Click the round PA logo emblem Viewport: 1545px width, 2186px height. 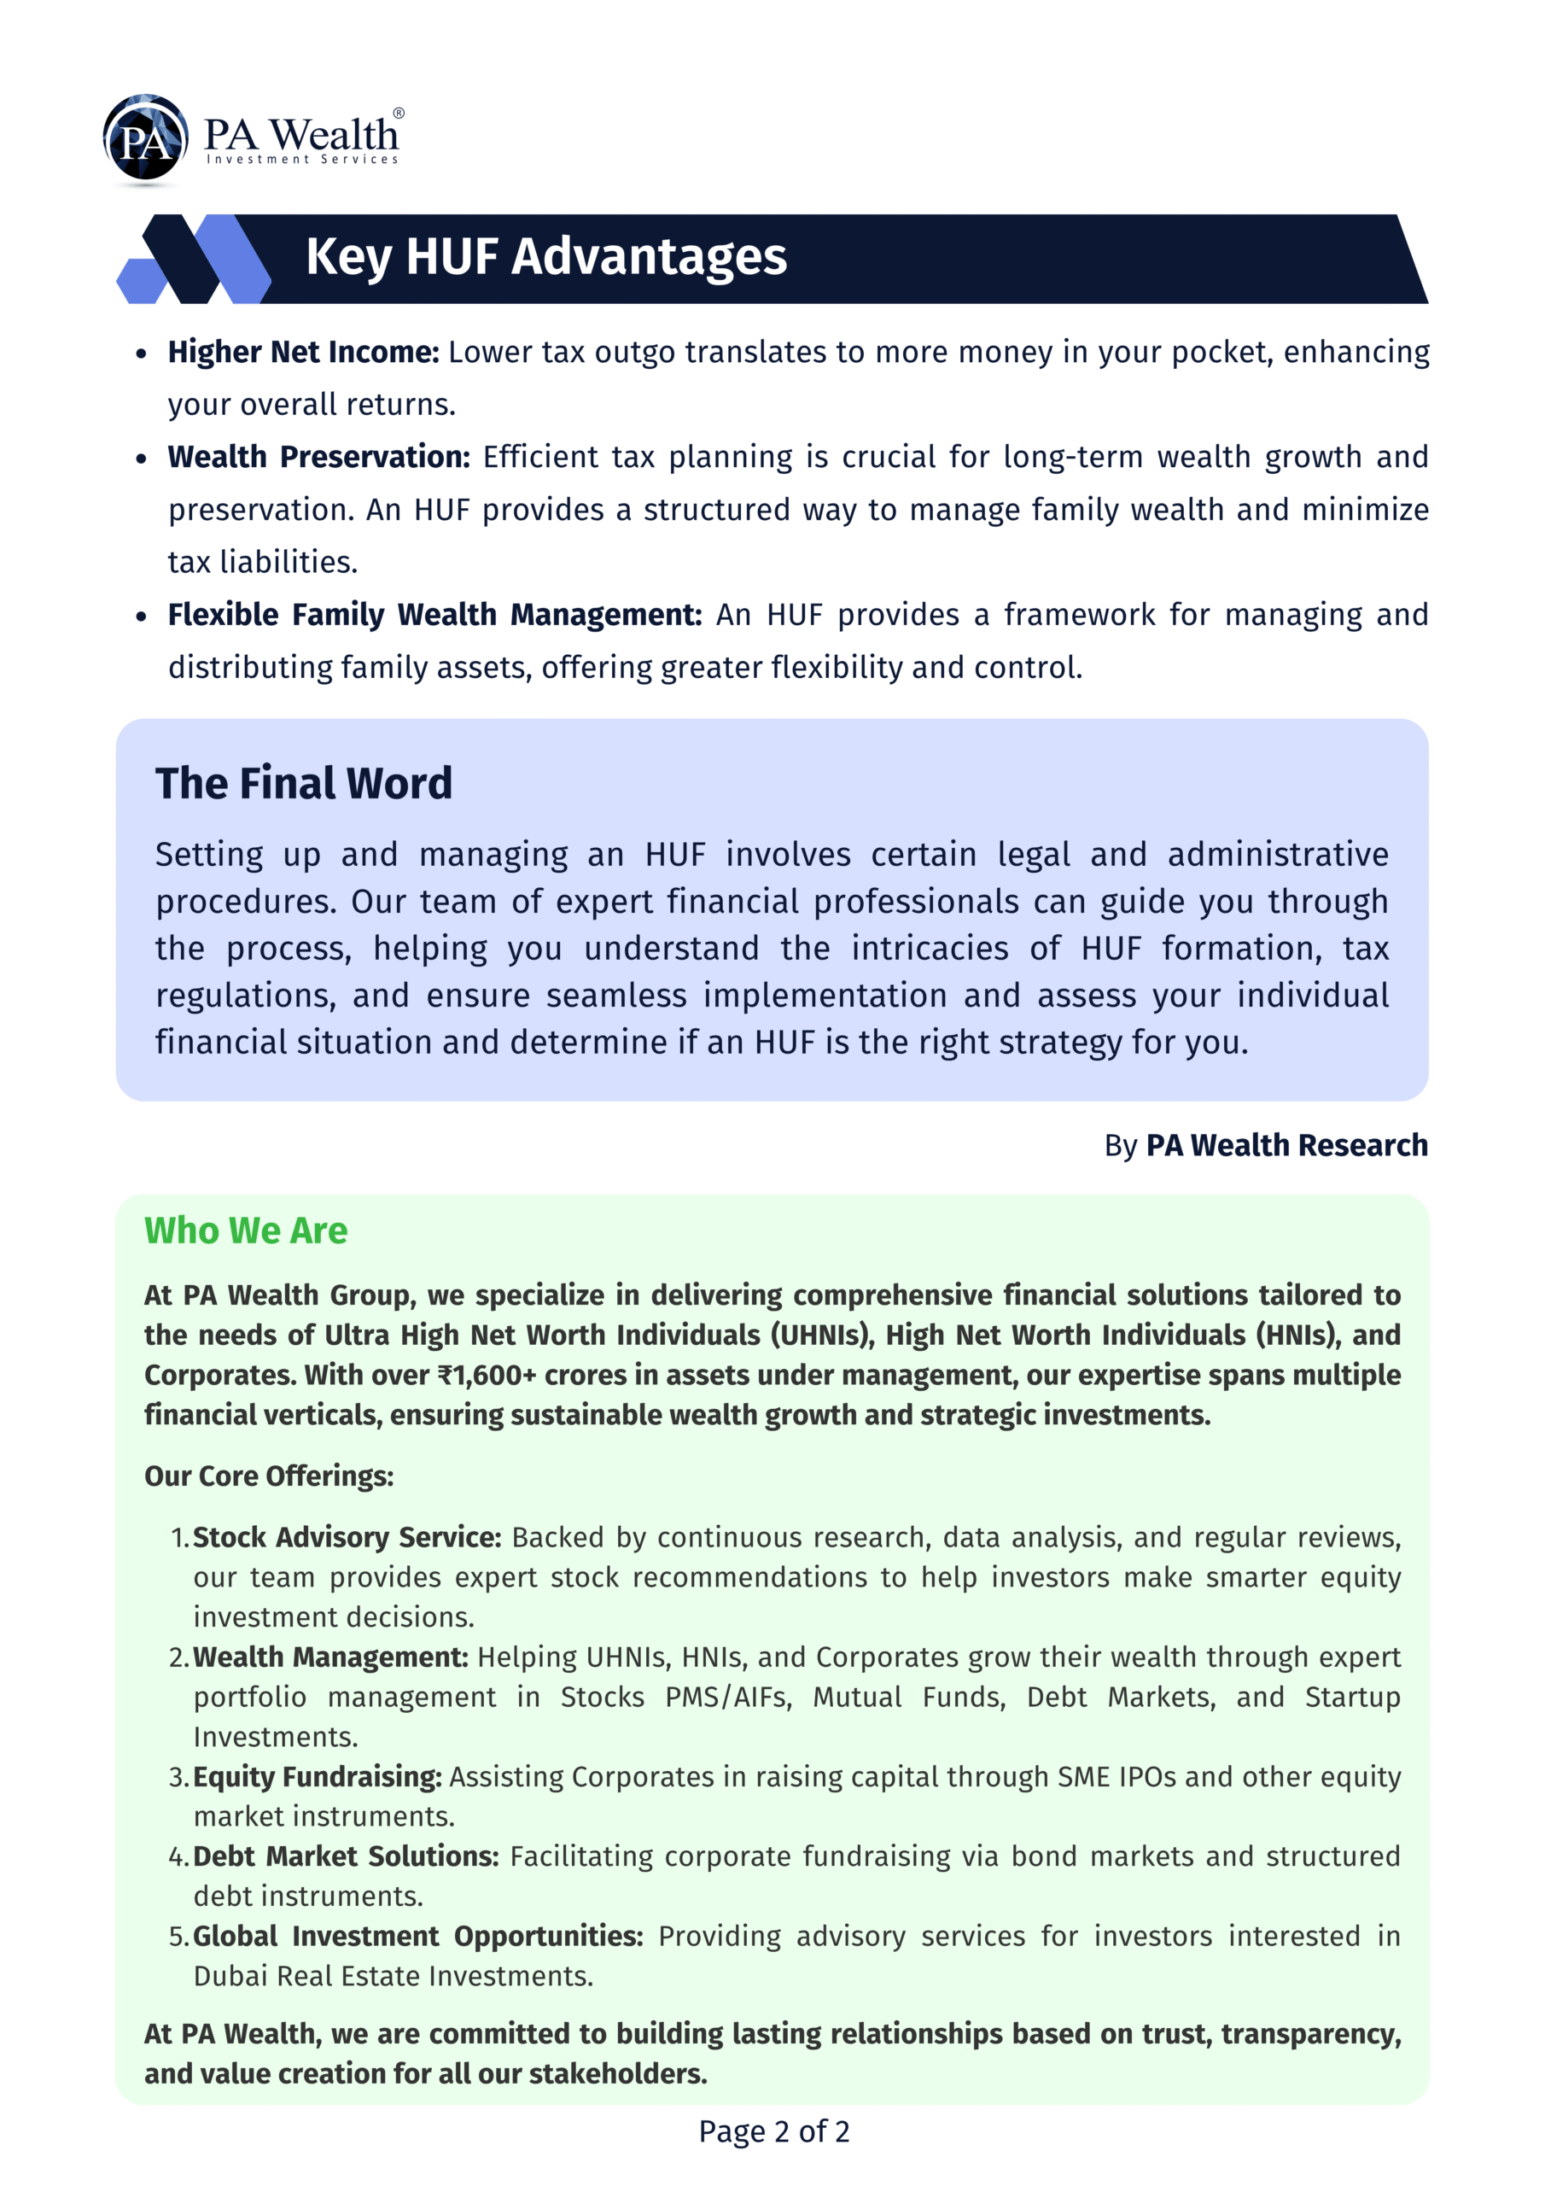[145, 138]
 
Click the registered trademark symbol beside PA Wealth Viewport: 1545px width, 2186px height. [398, 114]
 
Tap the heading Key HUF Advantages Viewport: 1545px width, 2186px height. [545, 257]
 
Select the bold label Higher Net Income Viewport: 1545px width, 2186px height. [303, 353]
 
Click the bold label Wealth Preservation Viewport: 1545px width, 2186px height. [319, 457]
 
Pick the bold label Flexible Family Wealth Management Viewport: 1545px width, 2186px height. [434, 615]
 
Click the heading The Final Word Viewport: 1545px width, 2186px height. [304, 784]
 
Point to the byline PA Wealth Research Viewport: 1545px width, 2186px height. [1286, 1145]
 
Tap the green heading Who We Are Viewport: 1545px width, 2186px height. [246, 1231]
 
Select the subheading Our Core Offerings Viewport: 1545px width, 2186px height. [268, 1476]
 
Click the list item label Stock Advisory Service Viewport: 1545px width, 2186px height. [347, 1538]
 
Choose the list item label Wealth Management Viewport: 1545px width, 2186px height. [330, 1657]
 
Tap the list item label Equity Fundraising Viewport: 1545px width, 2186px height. [317, 1778]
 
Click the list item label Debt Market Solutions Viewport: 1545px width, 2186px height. [346, 1856]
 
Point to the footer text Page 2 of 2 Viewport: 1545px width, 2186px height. [773, 2131]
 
